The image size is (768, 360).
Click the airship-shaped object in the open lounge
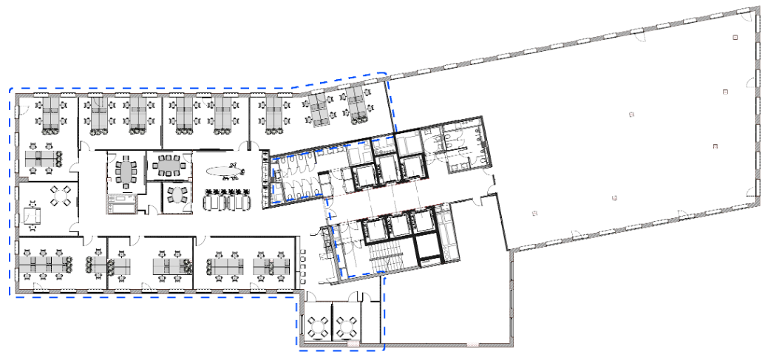(x=225, y=171)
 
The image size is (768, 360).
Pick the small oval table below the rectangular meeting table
(x=176, y=195)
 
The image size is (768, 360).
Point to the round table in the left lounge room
(x=60, y=195)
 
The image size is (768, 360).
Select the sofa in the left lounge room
(x=33, y=215)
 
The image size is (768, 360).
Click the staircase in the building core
(x=384, y=258)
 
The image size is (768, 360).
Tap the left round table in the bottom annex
(x=318, y=325)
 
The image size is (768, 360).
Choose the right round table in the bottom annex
(x=347, y=325)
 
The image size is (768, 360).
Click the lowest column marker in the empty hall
(x=534, y=213)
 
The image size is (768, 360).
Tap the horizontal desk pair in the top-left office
(x=42, y=158)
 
